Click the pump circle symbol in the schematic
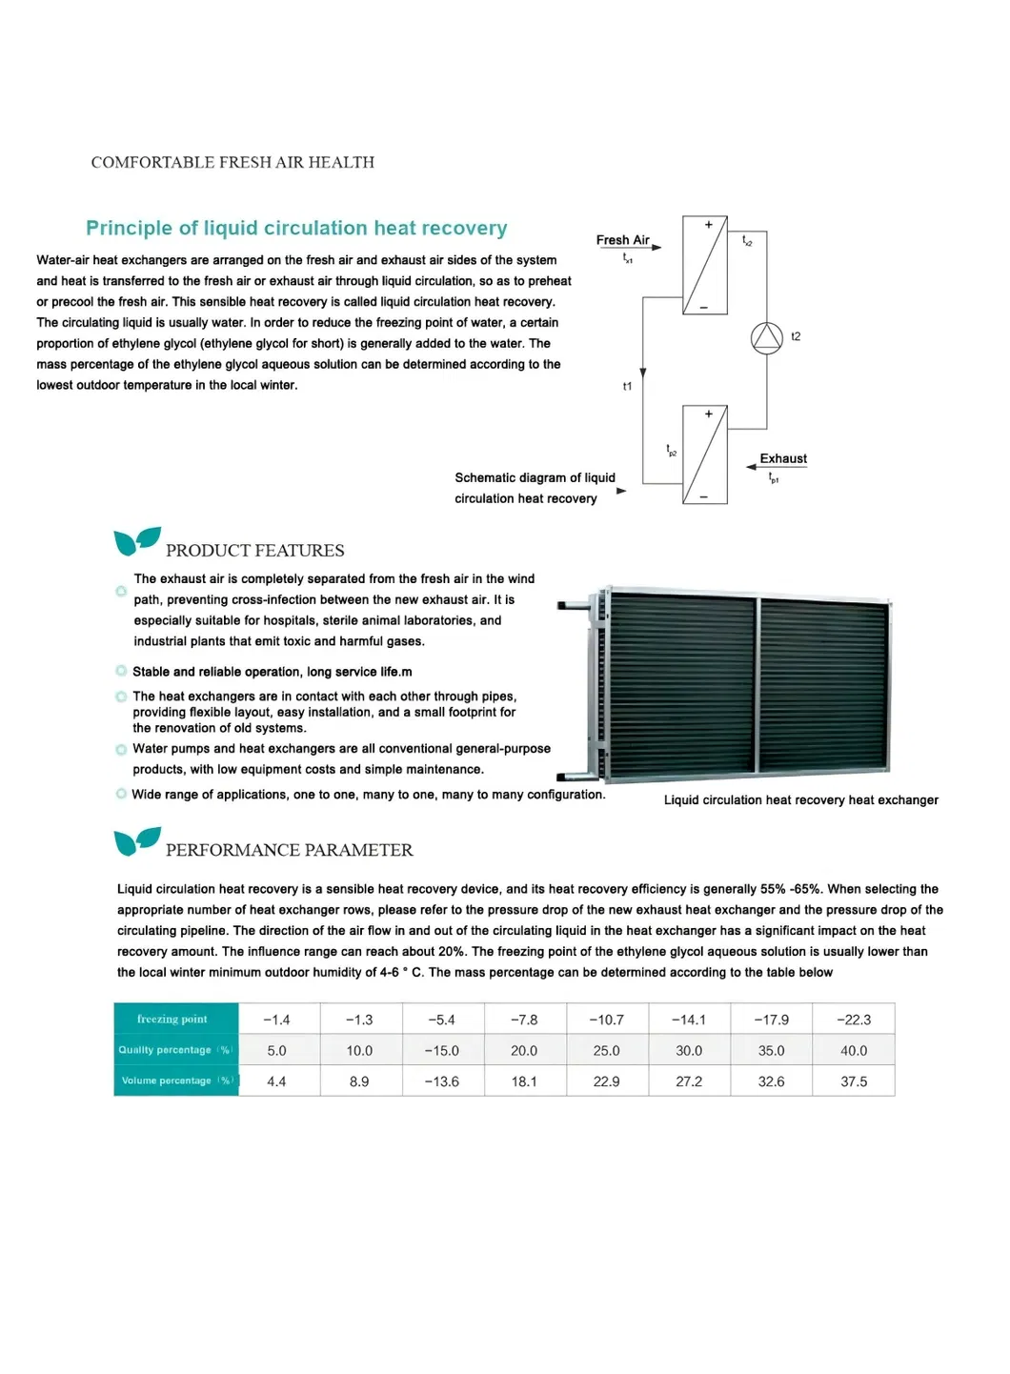click(x=766, y=338)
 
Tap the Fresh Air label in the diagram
click(x=622, y=240)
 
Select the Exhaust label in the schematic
click(x=783, y=458)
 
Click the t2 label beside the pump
click(x=796, y=336)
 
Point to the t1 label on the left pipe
click(x=627, y=386)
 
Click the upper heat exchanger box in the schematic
click(x=705, y=266)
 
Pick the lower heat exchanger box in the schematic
click(x=705, y=455)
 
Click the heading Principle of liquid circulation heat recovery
click(x=296, y=228)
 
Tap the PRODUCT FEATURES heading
click(x=254, y=551)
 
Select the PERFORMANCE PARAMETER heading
click(x=289, y=850)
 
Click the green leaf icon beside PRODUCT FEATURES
click(x=136, y=540)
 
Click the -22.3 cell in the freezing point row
click(x=854, y=1020)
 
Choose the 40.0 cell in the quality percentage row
click(x=854, y=1050)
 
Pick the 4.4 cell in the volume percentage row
click(x=276, y=1081)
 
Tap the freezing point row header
click(x=172, y=1019)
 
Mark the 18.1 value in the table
click(x=524, y=1081)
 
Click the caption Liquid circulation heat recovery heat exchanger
click(x=800, y=800)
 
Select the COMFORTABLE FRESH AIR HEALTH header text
click(x=232, y=163)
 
